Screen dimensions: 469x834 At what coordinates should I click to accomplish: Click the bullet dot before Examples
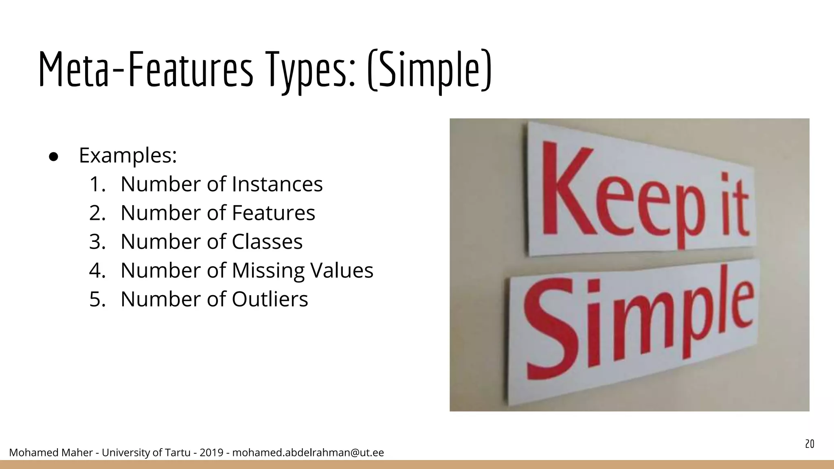[x=54, y=157]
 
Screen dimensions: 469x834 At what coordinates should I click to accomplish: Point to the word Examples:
[x=128, y=155]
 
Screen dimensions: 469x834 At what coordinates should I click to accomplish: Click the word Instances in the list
[x=277, y=184]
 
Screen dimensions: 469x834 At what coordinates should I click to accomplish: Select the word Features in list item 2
[x=273, y=213]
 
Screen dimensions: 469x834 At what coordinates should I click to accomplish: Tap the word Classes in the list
[x=267, y=241]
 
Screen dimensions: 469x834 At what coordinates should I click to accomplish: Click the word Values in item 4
[x=342, y=270]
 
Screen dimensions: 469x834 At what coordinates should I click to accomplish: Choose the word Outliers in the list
[x=270, y=299]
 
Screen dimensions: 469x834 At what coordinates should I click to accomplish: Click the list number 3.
[x=97, y=241]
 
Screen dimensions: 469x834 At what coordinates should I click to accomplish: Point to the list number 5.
[x=97, y=299]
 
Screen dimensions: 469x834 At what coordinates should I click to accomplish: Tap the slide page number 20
[x=810, y=444]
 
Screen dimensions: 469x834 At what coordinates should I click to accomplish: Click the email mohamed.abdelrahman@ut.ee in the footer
[x=308, y=453]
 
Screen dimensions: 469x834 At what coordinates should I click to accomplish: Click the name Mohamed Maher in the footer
[x=51, y=453]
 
